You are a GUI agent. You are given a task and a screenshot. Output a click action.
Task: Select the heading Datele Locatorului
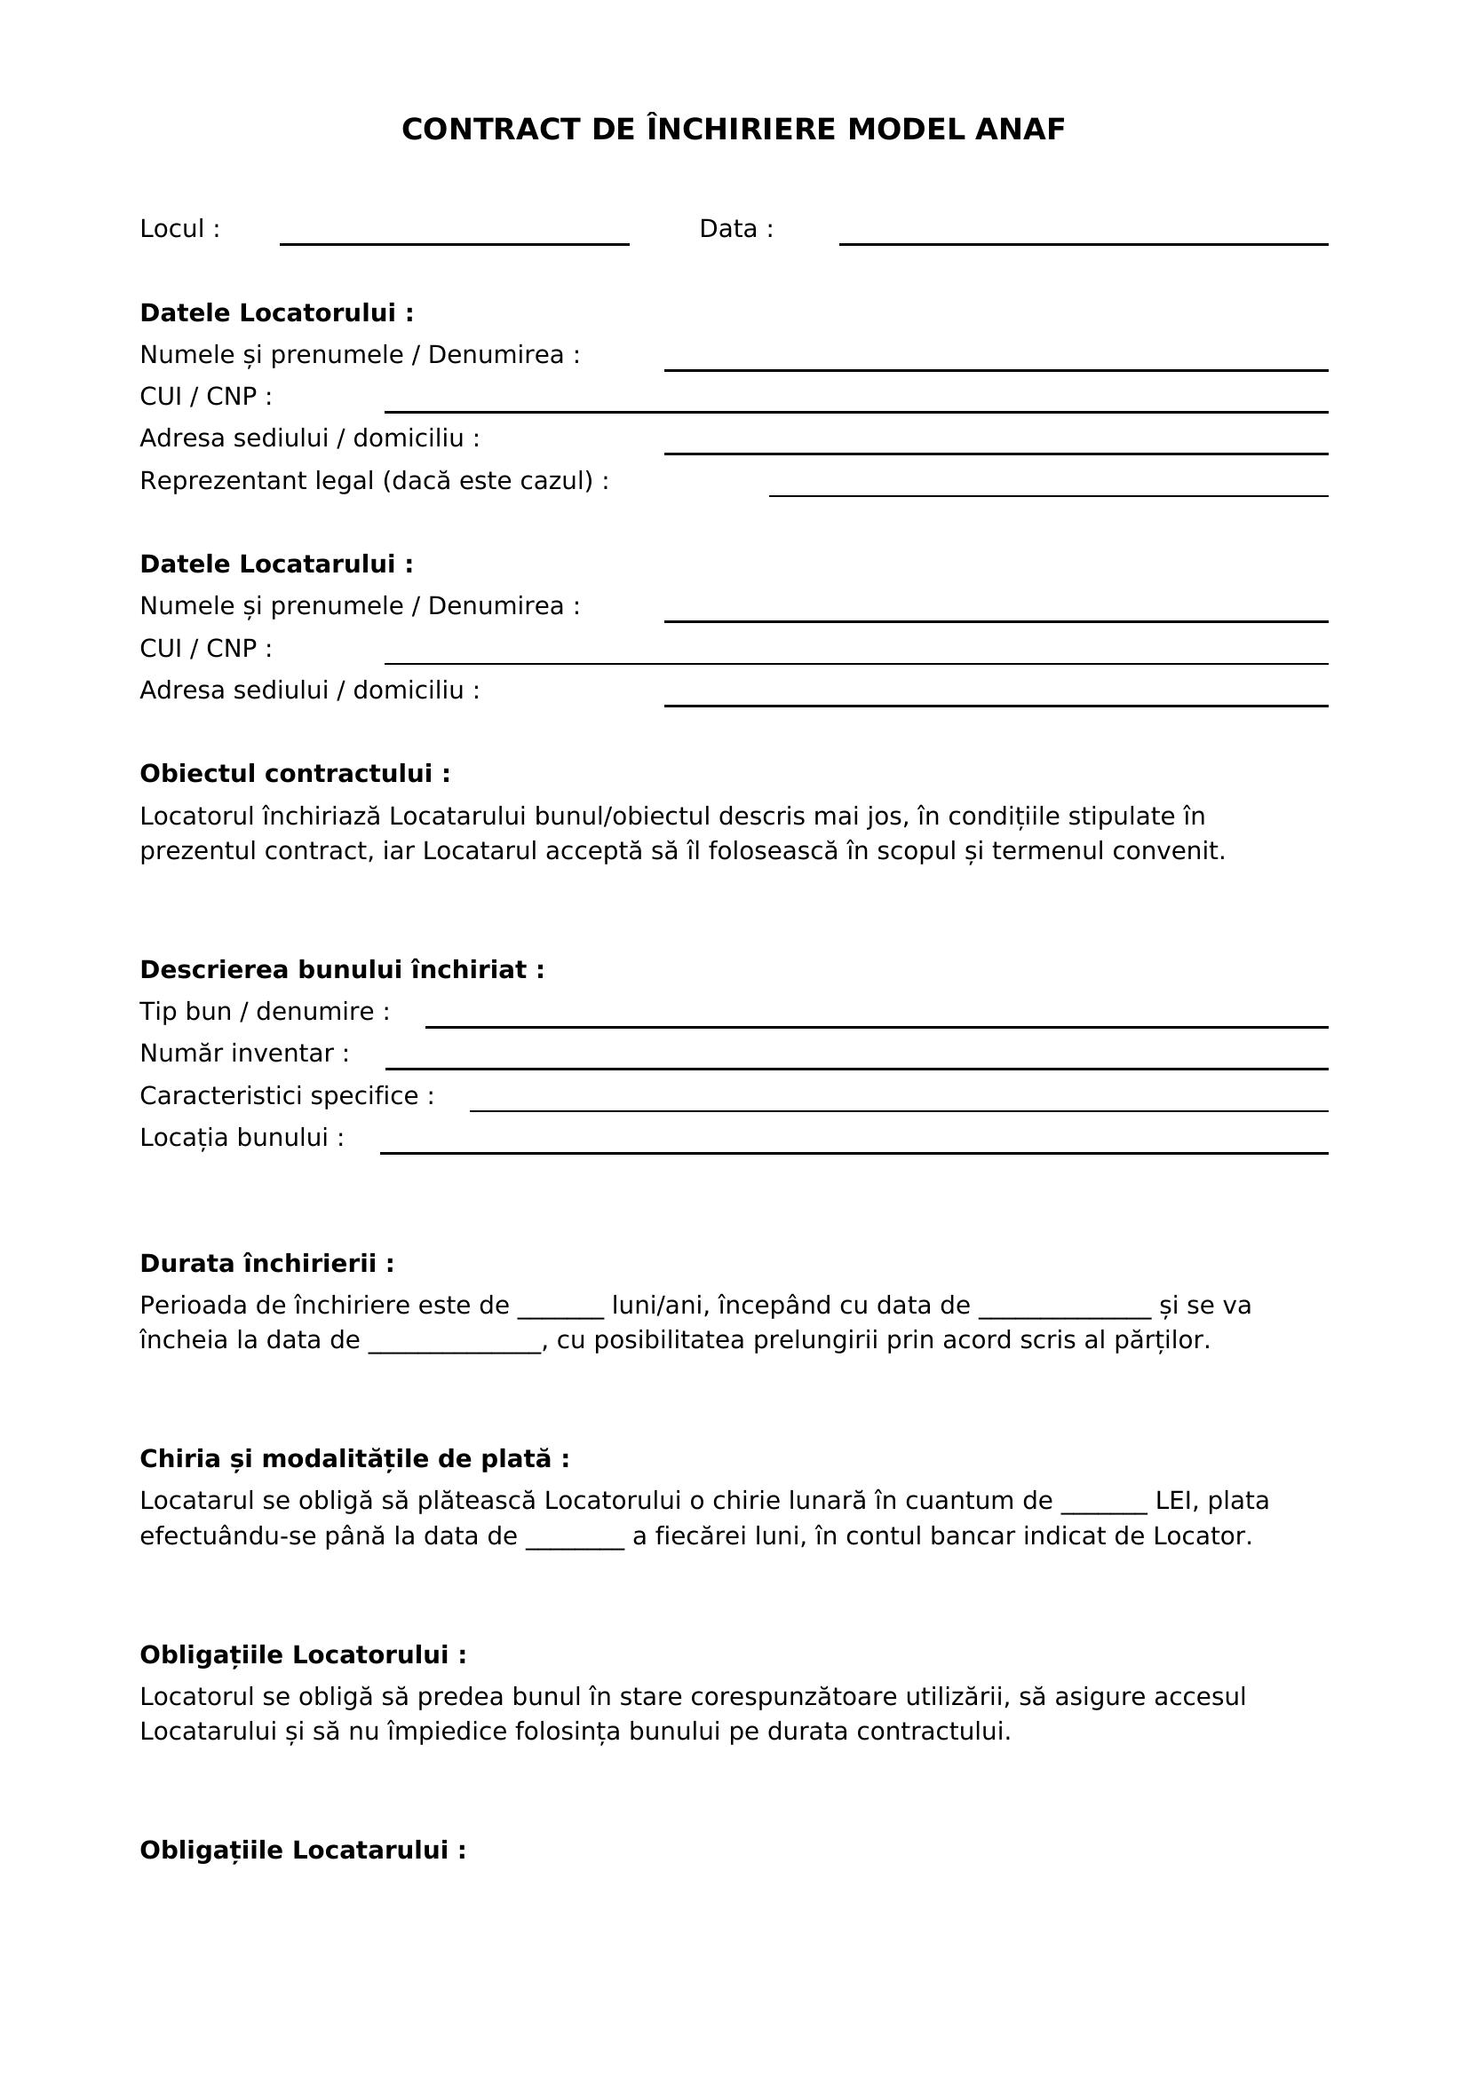point(276,312)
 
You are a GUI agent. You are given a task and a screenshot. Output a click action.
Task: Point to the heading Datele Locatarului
point(276,564)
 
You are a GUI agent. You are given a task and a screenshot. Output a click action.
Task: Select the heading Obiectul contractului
point(294,774)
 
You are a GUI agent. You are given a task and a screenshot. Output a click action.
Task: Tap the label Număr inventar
point(243,1054)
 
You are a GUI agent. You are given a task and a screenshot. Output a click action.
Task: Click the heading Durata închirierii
point(266,1263)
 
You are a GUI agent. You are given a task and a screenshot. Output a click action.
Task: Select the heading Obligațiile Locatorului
point(303,1654)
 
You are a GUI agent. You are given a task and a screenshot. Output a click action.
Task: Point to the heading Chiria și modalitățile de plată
point(353,1459)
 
